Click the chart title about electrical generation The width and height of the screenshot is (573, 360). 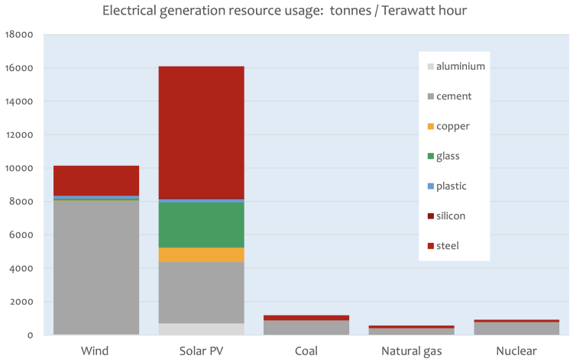pyautogui.click(x=286, y=12)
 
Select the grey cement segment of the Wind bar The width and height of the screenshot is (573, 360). pyautogui.click(x=96, y=268)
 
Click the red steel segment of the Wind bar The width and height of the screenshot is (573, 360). pyautogui.click(x=96, y=180)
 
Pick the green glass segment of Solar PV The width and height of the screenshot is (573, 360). pyautogui.click(x=200, y=225)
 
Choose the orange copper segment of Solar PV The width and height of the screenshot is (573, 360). pyautogui.click(x=200, y=255)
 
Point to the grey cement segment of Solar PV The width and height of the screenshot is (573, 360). pyautogui.click(x=200, y=293)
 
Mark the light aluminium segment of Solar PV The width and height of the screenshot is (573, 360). pyautogui.click(x=200, y=329)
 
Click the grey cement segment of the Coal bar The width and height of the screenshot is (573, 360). pyautogui.click(x=306, y=327)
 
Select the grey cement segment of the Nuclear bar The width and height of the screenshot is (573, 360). pyautogui.click(x=516, y=328)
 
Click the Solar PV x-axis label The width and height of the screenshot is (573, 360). pyautogui.click(x=200, y=351)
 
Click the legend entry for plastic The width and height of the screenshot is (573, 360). pyautogui.click(x=451, y=186)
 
